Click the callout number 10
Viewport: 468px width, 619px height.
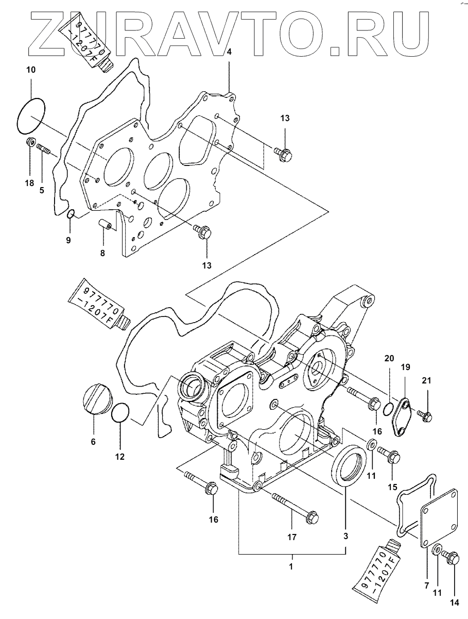(x=31, y=70)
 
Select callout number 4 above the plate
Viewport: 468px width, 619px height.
(x=229, y=52)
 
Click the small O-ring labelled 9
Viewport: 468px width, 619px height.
(x=71, y=213)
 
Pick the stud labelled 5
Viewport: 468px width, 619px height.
(x=43, y=147)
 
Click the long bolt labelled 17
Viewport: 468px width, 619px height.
(x=295, y=509)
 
